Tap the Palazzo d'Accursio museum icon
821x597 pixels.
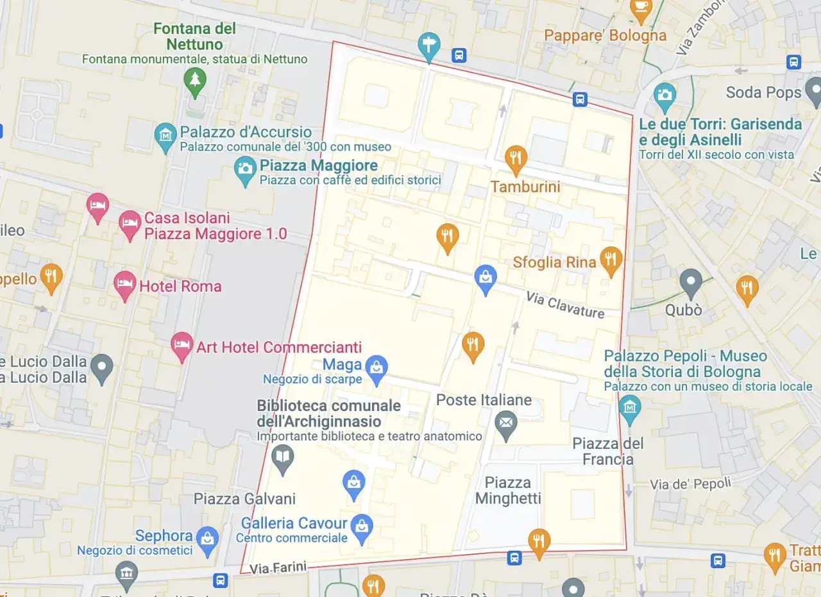click(x=166, y=135)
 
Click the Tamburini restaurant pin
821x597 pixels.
click(x=516, y=157)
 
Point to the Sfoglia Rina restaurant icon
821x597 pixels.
click(x=611, y=259)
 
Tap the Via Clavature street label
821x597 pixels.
click(x=564, y=305)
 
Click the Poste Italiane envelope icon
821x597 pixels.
click(x=507, y=423)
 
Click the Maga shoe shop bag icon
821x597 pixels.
click(x=376, y=368)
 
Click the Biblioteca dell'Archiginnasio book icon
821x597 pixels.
click(x=282, y=457)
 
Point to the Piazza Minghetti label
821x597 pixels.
click(x=508, y=491)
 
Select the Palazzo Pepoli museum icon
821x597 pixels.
click(x=630, y=407)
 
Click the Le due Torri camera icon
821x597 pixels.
click(x=664, y=96)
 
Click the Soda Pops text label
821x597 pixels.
click(x=763, y=92)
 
